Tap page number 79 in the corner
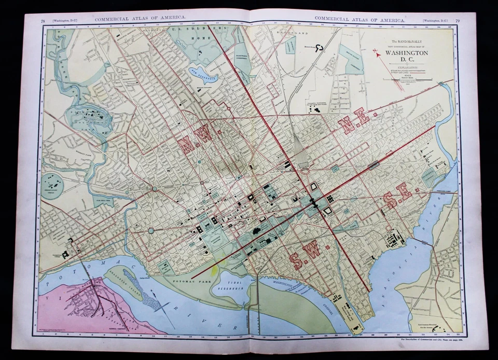coord(457,20)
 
